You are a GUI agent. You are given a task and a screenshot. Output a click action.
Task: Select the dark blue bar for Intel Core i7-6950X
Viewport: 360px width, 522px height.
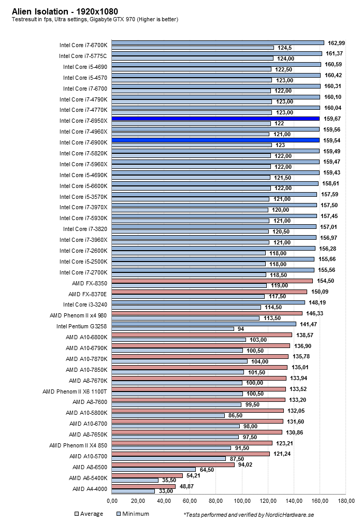tap(215, 119)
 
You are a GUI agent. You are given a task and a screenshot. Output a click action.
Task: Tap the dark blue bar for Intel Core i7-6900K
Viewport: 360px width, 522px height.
tap(215, 140)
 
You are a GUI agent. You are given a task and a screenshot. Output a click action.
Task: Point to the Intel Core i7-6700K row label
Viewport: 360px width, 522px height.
tap(83, 45)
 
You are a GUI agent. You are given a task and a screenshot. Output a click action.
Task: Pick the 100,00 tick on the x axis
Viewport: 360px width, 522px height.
tap(242, 501)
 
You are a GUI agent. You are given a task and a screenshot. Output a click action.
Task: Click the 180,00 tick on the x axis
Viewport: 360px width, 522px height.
tap(345, 501)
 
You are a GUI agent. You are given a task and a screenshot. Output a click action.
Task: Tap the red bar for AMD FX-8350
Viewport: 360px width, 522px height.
tap(212, 281)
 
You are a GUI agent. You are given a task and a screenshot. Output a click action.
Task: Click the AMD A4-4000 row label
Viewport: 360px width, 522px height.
tap(90, 489)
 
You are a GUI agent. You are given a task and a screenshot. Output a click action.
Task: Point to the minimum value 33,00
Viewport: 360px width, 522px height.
tap(166, 491)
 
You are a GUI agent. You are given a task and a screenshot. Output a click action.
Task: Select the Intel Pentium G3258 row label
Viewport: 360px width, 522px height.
tap(82, 326)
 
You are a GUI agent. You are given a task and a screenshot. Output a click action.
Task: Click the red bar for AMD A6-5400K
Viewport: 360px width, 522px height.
tap(147, 475)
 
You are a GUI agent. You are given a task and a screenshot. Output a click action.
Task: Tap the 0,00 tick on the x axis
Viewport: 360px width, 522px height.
tap(112, 501)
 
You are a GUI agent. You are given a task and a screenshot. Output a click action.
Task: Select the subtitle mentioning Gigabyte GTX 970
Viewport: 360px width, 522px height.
tap(95, 20)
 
